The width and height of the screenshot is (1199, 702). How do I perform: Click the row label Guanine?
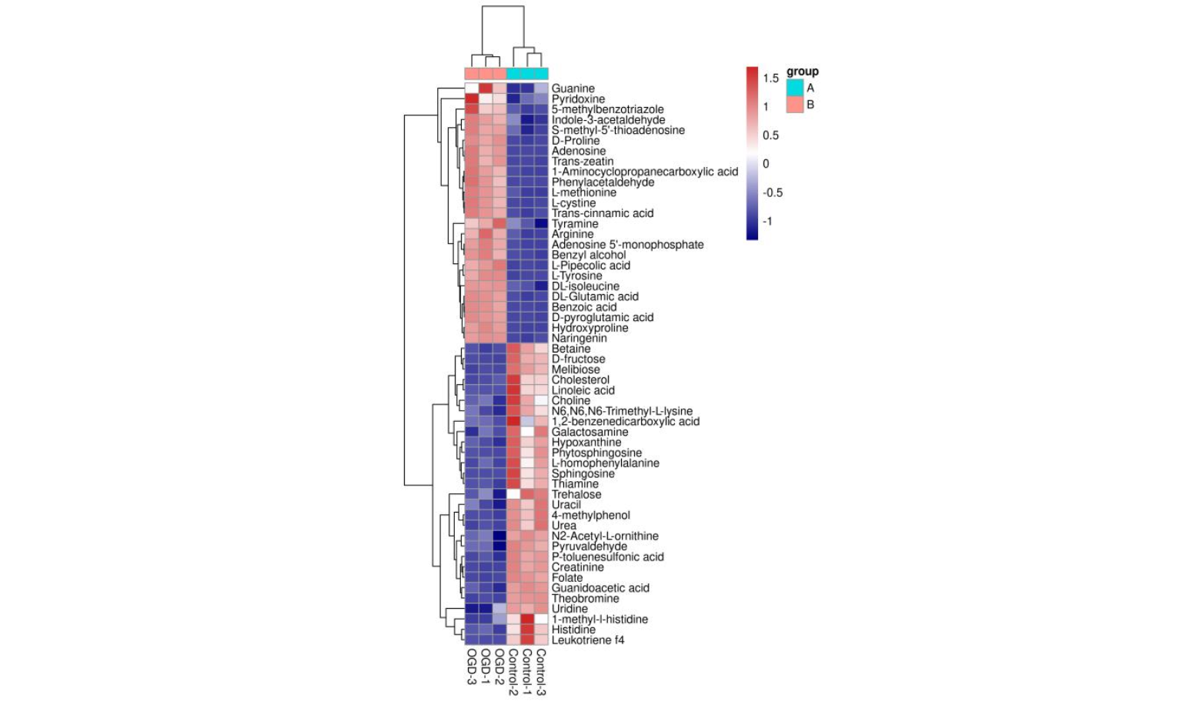[573, 89]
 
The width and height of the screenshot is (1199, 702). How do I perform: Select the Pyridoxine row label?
[578, 99]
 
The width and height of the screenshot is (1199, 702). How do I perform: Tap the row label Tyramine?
[574, 224]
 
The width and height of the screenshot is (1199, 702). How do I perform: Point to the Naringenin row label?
[579, 339]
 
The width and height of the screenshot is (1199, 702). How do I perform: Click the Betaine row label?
[571, 349]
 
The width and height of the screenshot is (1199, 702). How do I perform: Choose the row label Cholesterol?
[580, 380]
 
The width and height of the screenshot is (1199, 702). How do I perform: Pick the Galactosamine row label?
[589, 432]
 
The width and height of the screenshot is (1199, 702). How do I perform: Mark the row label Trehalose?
[576, 494]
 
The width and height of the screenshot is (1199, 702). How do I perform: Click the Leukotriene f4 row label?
[588, 640]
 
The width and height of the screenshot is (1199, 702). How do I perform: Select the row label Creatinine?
[577, 567]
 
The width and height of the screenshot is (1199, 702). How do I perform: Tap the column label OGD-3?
[471, 667]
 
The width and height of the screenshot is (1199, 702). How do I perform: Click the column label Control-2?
[513, 672]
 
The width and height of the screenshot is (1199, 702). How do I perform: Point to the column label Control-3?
[541, 672]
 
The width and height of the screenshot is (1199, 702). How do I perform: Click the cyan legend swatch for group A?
[795, 88]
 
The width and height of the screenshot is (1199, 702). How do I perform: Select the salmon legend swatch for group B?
[795, 105]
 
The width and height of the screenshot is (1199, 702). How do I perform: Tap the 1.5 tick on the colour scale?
[770, 79]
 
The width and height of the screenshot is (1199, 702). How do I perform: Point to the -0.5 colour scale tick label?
[772, 192]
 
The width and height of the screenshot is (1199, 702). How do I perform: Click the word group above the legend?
[802, 72]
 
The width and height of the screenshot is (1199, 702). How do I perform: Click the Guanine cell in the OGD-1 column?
[485, 89]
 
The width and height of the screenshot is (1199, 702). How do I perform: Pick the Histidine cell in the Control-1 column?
[527, 630]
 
